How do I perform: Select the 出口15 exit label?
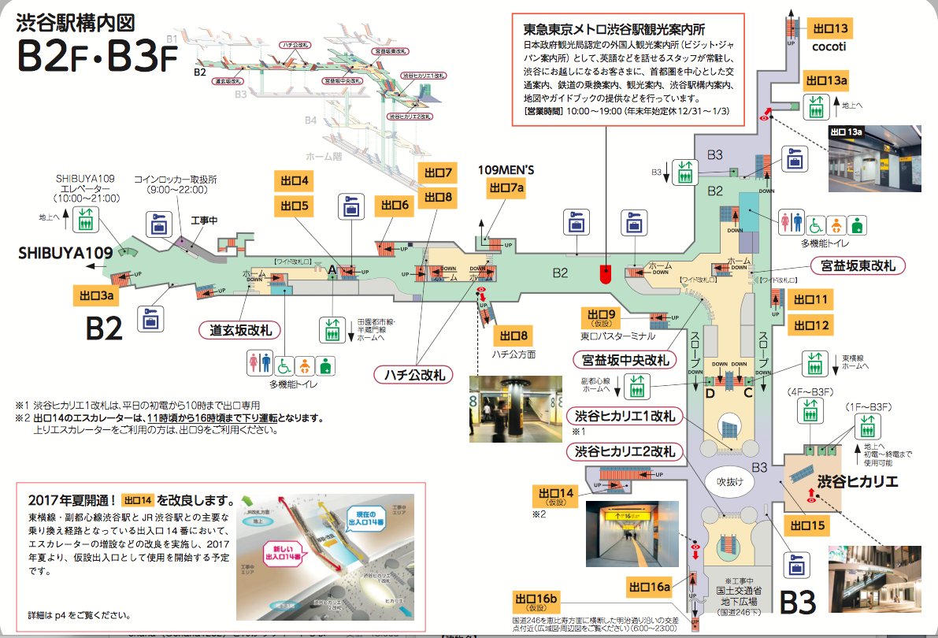807,525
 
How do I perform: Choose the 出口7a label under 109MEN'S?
506,188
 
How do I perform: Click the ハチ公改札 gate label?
410,375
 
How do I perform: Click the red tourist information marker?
605,274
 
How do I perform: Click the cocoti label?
828,47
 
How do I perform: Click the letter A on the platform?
332,269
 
